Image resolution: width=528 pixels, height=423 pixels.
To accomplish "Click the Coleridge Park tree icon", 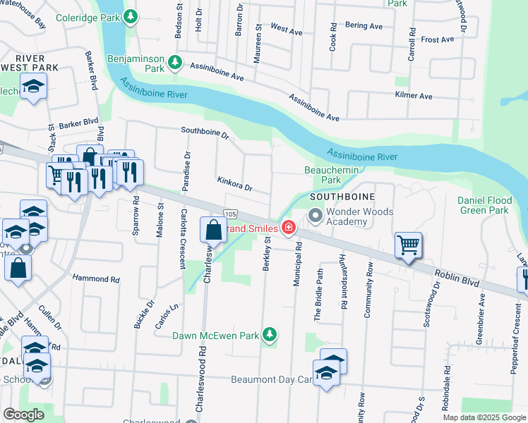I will pyautogui.click(x=131, y=16).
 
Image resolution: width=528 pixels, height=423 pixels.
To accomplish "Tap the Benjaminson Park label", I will pyautogui.click(x=136, y=64).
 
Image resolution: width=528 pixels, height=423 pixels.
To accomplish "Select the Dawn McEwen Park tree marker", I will pyautogui.click(x=268, y=333).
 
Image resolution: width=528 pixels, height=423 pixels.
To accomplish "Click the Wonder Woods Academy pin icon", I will pyautogui.click(x=315, y=216).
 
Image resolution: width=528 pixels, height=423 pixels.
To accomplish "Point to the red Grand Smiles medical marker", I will pyautogui.click(x=288, y=227).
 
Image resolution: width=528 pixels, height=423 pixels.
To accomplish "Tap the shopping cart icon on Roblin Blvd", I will pyautogui.click(x=409, y=245).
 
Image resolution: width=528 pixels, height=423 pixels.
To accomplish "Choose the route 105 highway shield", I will pyautogui.click(x=231, y=214).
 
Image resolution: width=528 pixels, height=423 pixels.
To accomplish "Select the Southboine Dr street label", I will pyautogui.click(x=205, y=132).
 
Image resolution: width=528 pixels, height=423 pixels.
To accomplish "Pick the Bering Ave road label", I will pyautogui.click(x=364, y=26).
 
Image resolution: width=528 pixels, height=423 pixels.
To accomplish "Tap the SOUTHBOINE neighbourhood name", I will pyautogui.click(x=341, y=195).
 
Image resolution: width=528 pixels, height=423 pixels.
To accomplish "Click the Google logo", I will pyautogui.click(x=24, y=415).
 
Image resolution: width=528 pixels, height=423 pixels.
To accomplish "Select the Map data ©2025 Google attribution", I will pyautogui.click(x=484, y=417).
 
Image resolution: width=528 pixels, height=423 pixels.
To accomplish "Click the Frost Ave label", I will pyautogui.click(x=437, y=39).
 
